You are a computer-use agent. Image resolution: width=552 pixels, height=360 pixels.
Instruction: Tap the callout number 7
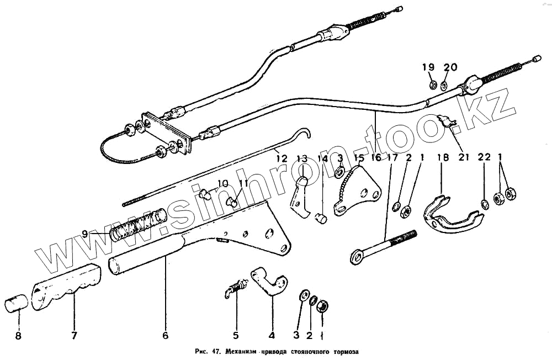75,335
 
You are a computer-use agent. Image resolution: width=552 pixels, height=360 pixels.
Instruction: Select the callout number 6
165,335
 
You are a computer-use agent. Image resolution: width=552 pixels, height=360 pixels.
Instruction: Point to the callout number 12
282,158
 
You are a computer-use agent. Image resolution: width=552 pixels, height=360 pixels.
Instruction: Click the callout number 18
443,157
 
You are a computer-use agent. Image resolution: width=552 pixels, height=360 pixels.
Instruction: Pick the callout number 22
484,157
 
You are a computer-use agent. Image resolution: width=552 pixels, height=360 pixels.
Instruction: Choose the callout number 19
429,67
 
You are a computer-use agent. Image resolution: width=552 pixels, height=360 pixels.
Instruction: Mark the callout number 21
463,157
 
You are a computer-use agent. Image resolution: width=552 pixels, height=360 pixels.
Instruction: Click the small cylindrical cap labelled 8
16,304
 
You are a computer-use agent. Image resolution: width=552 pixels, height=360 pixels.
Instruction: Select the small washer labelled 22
484,205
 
